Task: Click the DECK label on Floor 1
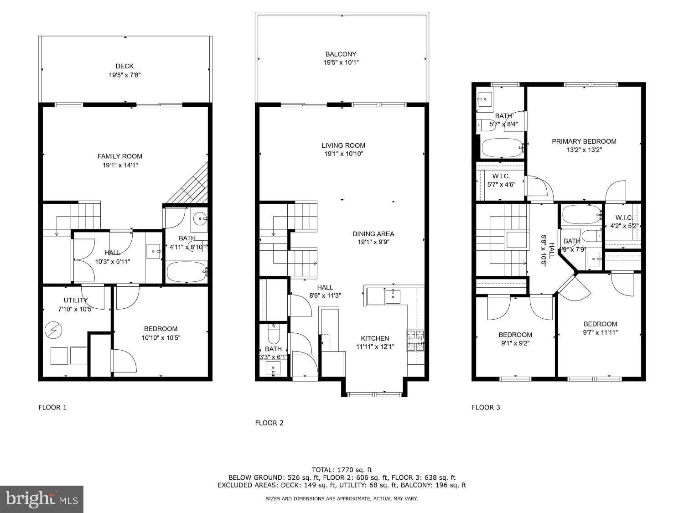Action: tap(124, 66)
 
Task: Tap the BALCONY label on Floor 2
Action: tap(341, 54)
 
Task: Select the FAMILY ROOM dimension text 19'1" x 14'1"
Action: tap(120, 165)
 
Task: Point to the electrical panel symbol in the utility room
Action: tap(53, 330)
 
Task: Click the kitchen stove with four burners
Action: tap(415, 340)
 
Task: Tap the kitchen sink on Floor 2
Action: tap(393, 296)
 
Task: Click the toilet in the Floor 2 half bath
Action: tap(274, 335)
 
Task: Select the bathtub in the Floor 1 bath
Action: tap(187, 272)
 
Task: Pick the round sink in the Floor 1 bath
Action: tap(199, 219)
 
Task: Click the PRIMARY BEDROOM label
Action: tap(584, 141)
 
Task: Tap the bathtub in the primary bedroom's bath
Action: tap(502, 147)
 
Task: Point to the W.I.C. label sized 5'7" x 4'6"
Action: tap(501, 176)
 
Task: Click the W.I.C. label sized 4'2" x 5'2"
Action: tap(623, 218)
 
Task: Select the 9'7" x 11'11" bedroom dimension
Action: tap(601, 332)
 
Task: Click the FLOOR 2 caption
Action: tap(269, 423)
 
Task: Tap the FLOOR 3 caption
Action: tap(486, 407)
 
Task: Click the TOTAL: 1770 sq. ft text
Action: tap(342, 470)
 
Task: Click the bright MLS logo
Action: tap(41, 499)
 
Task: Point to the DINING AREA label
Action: tap(373, 233)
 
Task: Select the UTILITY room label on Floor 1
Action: tap(76, 300)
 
